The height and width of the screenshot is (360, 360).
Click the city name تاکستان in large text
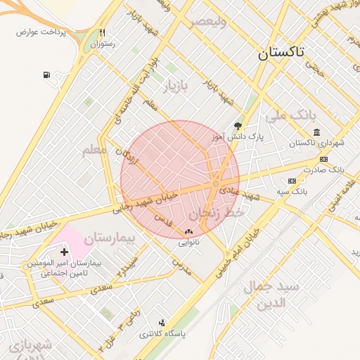click(281, 53)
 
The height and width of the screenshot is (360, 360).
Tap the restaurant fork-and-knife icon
click(103, 32)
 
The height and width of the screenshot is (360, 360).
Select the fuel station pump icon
click(46, 75)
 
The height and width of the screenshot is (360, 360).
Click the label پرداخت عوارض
click(41, 32)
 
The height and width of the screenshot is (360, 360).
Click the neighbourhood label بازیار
click(176, 88)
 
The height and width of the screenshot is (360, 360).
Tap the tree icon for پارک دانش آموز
click(238, 126)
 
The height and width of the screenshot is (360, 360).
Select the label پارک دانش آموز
click(238, 138)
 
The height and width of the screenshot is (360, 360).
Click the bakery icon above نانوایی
click(188, 232)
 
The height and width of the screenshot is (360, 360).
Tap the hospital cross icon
click(65, 252)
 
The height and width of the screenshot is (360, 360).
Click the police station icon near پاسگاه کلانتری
click(162, 323)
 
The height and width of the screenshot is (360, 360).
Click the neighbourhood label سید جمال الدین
click(271, 295)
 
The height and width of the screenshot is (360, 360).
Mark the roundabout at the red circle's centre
click(215, 184)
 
